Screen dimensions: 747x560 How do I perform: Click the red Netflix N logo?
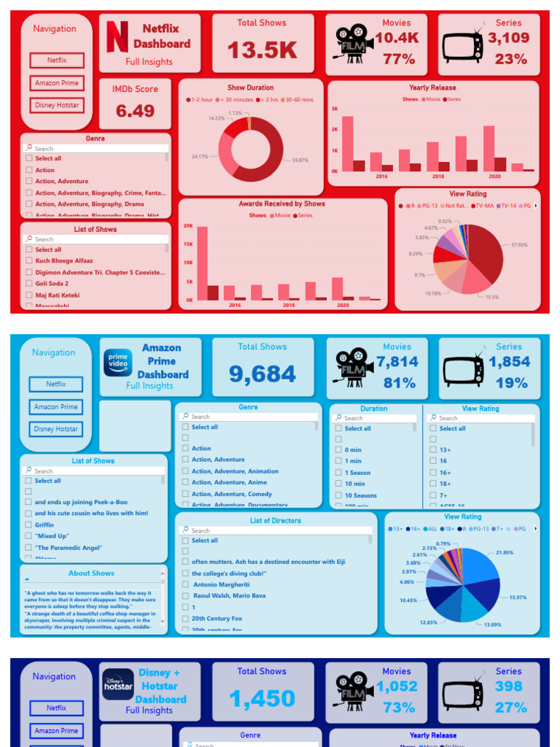click(117, 36)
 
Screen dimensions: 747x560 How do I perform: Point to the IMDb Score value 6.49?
click(135, 111)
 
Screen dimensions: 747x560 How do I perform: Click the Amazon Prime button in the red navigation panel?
click(57, 83)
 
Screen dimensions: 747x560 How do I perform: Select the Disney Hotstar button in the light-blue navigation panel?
click(56, 429)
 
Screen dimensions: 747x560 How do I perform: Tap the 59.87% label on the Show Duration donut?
click(300, 160)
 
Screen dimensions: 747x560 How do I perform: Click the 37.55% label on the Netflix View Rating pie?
click(518, 244)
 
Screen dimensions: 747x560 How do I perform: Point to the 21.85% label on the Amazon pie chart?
click(505, 552)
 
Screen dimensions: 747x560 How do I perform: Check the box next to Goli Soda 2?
click(28, 284)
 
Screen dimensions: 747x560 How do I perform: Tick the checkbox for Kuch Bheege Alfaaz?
click(28, 260)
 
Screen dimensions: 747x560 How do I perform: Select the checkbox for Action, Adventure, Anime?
click(185, 482)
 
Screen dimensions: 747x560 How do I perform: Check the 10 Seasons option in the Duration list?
click(338, 495)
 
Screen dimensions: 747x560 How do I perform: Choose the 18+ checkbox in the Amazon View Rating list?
click(433, 484)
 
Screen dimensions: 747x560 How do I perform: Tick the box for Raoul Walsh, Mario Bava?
click(185, 596)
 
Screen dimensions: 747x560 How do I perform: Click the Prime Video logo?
click(117, 363)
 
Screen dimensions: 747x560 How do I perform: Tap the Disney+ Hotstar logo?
click(117, 684)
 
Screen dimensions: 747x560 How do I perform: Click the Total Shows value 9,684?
click(262, 374)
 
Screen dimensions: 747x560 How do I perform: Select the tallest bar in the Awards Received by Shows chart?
click(202, 263)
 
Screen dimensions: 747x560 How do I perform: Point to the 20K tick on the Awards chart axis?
click(188, 226)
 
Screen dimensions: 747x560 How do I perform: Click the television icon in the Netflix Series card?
click(462, 45)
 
